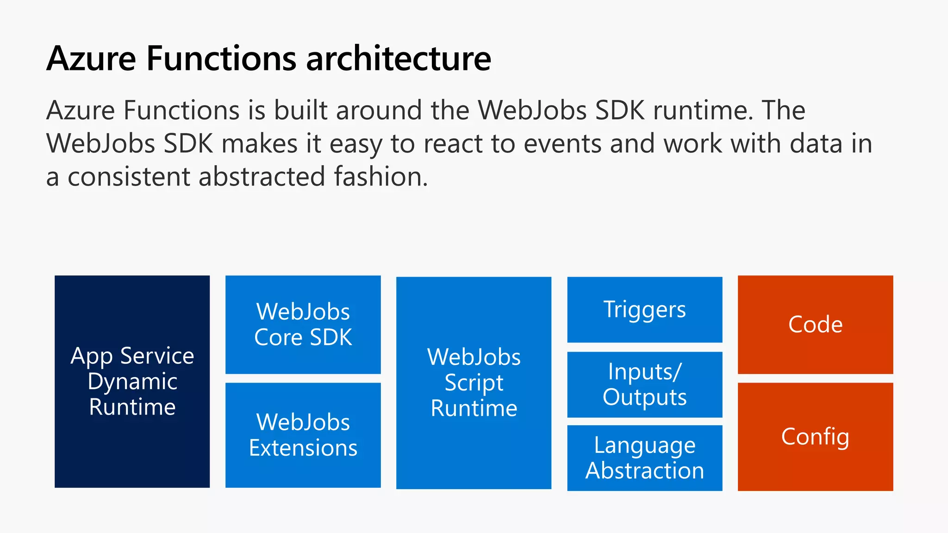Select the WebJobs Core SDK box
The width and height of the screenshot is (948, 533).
pyautogui.click(x=303, y=324)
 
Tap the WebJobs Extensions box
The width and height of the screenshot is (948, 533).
pyautogui.click(x=303, y=435)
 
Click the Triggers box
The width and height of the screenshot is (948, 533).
pyautogui.click(x=644, y=310)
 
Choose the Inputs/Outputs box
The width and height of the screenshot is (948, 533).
pyautogui.click(x=644, y=384)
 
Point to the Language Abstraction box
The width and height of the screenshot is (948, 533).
pyautogui.click(x=644, y=458)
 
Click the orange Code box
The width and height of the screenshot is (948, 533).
pyautogui.click(x=815, y=324)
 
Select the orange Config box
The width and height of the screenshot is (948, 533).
pyautogui.click(x=815, y=436)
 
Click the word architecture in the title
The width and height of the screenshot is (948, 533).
pyautogui.click(x=398, y=59)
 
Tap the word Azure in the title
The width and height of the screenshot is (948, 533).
pyautogui.click(x=91, y=59)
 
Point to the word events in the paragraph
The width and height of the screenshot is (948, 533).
pyautogui.click(x=562, y=144)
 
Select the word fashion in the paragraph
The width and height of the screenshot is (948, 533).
pyautogui.click(x=380, y=177)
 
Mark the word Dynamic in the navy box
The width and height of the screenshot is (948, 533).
pyautogui.click(x=132, y=382)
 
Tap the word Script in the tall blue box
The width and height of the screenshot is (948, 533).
pyautogui.click(x=474, y=383)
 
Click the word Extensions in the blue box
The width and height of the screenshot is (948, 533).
pyautogui.click(x=303, y=448)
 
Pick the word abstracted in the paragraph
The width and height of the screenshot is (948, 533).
pyautogui.click(x=262, y=177)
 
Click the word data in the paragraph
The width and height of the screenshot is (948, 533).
pyautogui.click(x=816, y=144)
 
